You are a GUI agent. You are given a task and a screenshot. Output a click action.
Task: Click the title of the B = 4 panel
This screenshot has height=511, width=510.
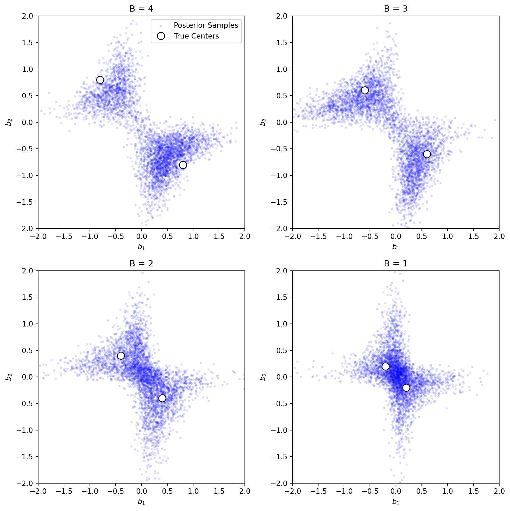coord(141,9)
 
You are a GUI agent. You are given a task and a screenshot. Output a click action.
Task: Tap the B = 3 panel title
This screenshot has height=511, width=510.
coord(395,9)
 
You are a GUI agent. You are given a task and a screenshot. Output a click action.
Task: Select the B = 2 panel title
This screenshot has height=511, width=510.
coord(141,263)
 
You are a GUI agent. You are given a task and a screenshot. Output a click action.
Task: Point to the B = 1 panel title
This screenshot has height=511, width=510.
coord(395,263)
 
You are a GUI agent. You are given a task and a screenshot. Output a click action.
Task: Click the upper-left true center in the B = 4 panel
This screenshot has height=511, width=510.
coord(100,80)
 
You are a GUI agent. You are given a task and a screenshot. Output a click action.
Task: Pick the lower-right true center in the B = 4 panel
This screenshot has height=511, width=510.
coord(183,165)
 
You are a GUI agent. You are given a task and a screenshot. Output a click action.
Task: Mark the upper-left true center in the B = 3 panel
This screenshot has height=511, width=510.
coord(365,90)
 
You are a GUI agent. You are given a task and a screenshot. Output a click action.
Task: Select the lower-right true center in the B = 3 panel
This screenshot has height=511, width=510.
coord(427,154)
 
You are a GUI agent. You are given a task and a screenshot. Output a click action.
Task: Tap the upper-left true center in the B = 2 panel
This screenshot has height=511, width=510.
coord(121,356)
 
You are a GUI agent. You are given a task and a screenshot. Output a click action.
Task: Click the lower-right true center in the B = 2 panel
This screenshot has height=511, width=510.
coord(162,398)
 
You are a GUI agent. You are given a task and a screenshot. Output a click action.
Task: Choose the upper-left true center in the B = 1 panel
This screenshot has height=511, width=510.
coord(385,366)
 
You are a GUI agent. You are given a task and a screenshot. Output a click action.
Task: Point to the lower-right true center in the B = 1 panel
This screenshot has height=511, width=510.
coord(406,388)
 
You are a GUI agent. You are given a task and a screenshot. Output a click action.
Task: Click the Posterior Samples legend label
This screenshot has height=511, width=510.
coord(206,25)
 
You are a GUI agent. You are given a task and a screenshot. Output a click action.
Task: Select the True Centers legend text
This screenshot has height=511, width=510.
coord(196,36)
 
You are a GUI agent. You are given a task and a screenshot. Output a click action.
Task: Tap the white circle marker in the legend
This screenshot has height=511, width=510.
coord(161,36)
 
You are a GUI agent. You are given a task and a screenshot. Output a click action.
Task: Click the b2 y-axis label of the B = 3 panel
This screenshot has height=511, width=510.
coord(263,122)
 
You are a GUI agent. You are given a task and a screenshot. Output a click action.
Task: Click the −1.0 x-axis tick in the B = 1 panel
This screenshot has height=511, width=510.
coord(344,491)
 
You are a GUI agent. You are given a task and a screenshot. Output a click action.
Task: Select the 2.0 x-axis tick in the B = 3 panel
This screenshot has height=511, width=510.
coord(499,237)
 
